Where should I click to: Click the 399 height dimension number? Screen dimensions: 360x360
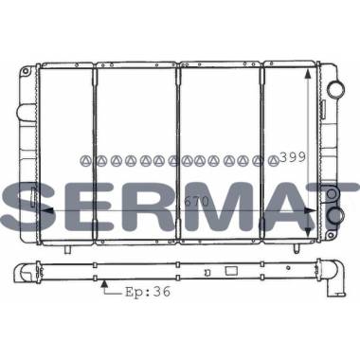(x=293, y=157)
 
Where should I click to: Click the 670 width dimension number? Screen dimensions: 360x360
(x=196, y=202)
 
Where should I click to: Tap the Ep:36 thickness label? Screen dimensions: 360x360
(x=148, y=292)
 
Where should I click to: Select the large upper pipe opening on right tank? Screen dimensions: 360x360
(x=336, y=90)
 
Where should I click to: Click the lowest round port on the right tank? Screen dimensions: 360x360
(x=334, y=216)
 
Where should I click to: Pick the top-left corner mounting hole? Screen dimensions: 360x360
(x=26, y=71)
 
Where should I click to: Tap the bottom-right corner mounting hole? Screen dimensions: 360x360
(x=331, y=235)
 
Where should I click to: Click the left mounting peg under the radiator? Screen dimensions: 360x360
(x=68, y=249)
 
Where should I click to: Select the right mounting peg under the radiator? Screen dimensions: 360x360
(x=296, y=248)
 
